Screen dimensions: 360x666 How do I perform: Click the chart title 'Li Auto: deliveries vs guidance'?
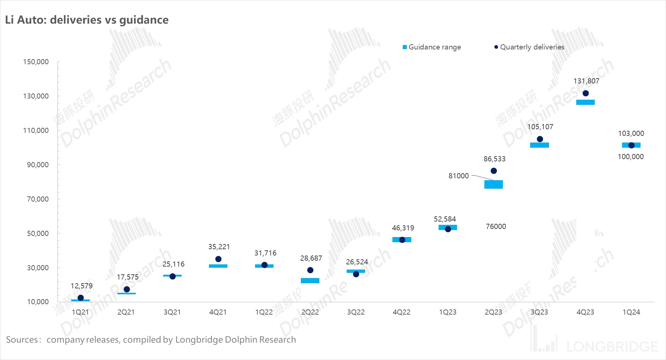tap(87, 20)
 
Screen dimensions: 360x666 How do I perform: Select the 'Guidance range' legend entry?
tap(432, 47)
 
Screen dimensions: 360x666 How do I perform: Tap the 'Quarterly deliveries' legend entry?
tap(529, 47)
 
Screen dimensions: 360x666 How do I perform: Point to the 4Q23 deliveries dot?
tap(586, 93)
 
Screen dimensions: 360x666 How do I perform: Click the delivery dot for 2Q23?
tap(494, 171)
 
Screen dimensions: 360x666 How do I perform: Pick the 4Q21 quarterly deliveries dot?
tap(218, 259)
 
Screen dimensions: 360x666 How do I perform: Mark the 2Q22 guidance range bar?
tap(310, 281)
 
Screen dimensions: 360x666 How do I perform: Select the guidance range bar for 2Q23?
tap(494, 184)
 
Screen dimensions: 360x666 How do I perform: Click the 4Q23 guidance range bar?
tap(586, 102)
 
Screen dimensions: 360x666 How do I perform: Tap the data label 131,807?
tap(586, 81)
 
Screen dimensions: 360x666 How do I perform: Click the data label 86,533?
tap(494, 159)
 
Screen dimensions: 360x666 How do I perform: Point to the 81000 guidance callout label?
tap(459, 176)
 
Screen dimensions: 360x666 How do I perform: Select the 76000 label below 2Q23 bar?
tap(496, 227)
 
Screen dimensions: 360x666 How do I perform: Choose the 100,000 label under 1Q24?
tap(631, 157)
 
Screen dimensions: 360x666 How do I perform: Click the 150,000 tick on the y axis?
tap(36, 62)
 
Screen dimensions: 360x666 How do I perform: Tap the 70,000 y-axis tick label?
tap(38, 199)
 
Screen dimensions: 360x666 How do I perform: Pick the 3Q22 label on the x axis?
tap(356, 312)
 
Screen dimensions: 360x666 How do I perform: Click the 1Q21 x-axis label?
tap(80, 312)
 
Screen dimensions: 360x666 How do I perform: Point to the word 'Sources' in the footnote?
tap(22, 340)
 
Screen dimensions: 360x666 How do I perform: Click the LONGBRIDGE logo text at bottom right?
tap(612, 347)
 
